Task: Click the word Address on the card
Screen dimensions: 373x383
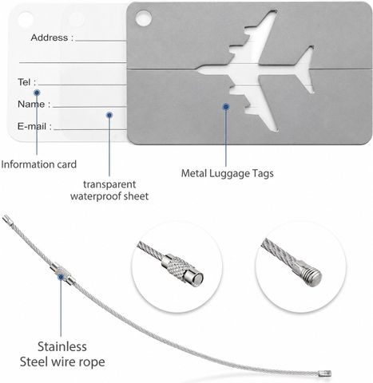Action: pyautogui.click(x=50, y=38)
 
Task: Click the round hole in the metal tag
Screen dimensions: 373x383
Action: pyautogui.click(x=144, y=18)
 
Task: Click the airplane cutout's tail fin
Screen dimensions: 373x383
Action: pyautogui.click(x=305, y=69)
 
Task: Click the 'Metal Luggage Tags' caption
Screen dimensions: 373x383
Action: pyautogui.click(x=228, y=173)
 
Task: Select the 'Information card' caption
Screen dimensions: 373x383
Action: pyautogui.click(x=39, y=164)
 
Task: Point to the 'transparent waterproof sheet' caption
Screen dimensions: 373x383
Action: pyautogui.click(x=109, y=190)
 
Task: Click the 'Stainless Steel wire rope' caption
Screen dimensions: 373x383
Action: pyautogui.click(x=62, y=354)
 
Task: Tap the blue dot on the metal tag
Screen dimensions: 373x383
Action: pyautogui.click(x=226, y=107)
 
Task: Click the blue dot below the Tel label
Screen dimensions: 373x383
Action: pyautogui.click(x=37, y=93)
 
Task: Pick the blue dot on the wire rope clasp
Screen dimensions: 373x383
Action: pyautogui.click(x=61, y=277)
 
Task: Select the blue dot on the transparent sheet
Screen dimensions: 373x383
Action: pyautogui.click(x=109, y=115)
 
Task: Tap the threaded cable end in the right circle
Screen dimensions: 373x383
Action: pyautogui.click(x=309, y=273)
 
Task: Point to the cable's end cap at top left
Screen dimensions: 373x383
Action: pyautogui.click(x=7, y=221)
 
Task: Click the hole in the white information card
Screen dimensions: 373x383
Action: pyautogui.click(x=26, y=19)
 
